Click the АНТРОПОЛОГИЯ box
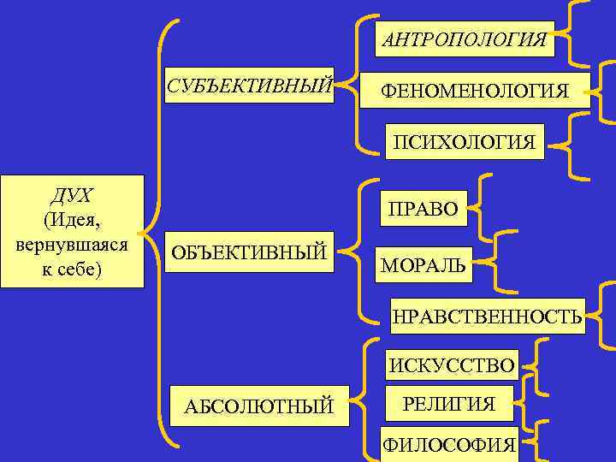tap(464, 39)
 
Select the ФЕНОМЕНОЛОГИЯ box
tap(475, 90)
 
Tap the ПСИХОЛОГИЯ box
tap(464, 141)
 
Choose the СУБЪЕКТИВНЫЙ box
tap(250, 85)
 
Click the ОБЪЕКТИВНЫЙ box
tap(249, 252)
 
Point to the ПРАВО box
tap(423, 208)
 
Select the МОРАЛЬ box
tap(423, 266)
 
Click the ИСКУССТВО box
tap(453, 366)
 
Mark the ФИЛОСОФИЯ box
tap(449, 444)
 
